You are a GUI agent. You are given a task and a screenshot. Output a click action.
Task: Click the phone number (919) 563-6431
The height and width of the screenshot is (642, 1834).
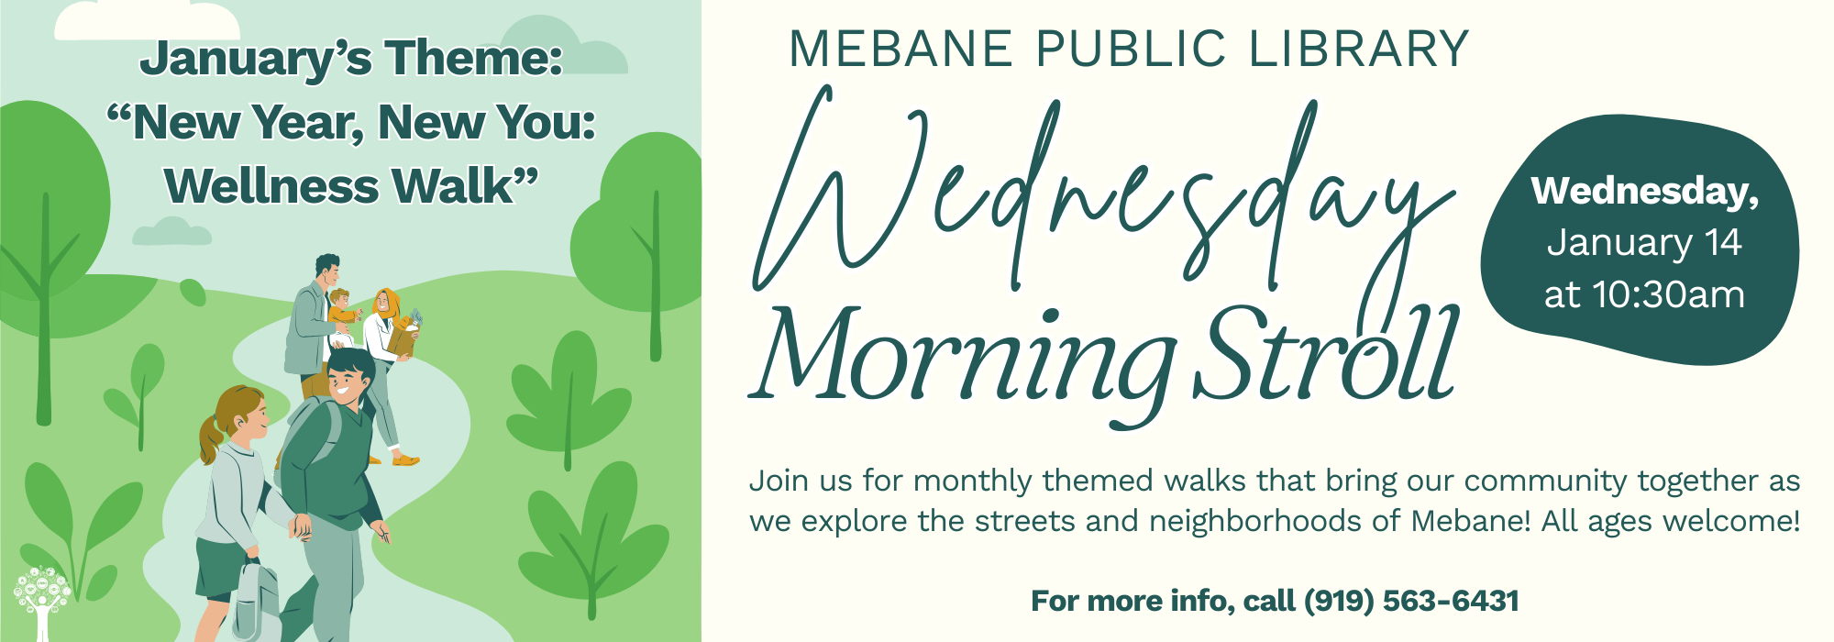pos(1411,601)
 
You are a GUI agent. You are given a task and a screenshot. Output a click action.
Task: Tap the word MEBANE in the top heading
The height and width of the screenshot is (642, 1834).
pos(900,50)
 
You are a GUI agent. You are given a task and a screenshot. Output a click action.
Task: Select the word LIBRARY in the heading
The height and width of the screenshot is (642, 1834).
pos(1359,50)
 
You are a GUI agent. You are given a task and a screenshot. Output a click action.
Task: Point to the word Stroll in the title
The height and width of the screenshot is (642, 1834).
pos(1326,353)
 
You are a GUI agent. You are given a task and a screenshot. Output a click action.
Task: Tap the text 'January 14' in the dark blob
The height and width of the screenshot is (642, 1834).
pos(1643,243)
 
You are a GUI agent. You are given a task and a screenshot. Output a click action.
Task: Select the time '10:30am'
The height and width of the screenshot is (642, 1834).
pos(1668,295)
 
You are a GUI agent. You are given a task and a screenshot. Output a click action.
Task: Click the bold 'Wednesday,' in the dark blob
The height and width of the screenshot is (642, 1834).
pos(1645,191)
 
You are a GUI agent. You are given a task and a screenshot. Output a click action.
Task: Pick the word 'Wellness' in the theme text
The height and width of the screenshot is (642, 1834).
pos(271,186)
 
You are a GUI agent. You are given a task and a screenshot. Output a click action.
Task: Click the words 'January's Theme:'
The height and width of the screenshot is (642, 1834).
pos(351,59)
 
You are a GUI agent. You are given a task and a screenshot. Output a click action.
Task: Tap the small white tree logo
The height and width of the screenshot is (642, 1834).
pos(42,602)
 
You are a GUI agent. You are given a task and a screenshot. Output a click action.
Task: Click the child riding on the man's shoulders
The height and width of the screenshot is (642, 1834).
pos(341,312)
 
